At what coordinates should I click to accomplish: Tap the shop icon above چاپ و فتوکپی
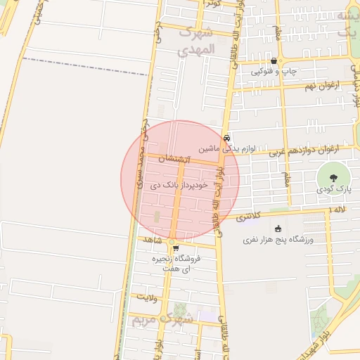[x=274, y=62]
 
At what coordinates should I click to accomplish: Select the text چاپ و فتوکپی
[x=275, y=72]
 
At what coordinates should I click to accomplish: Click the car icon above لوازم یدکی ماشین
[x=226, y=139]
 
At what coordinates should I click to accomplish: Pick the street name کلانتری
[x=251, y=217]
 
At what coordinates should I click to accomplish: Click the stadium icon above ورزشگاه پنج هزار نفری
[x=278, y=229]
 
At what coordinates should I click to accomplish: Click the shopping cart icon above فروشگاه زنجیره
[x=175, y=247]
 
